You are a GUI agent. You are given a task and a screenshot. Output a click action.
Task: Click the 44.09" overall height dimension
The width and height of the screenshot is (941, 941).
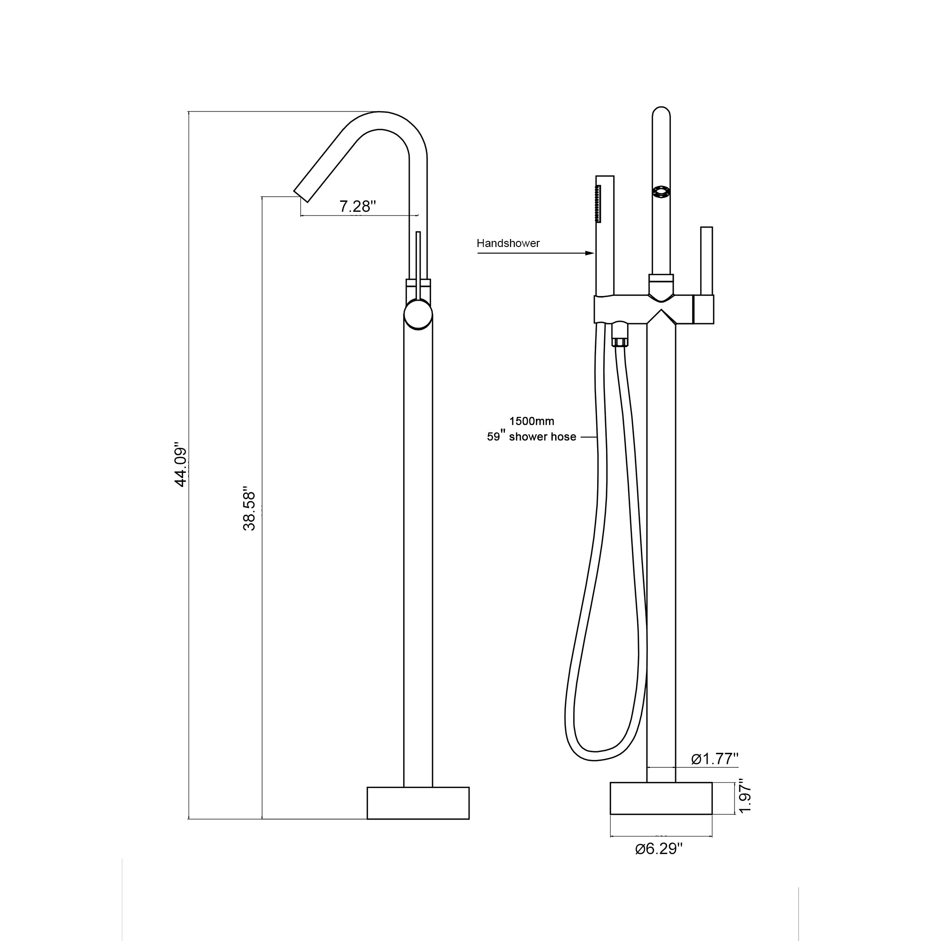(x=181, y=465)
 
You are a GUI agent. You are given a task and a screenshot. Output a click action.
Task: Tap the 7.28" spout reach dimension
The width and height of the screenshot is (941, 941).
(x=358, y=207)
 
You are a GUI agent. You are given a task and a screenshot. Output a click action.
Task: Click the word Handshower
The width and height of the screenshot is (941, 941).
(x=508, y=243)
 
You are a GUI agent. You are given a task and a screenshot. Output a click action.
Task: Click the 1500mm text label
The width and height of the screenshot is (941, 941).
(x=531, y=421)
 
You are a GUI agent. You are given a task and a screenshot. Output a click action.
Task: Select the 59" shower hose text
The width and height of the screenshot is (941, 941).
(x=531, y=437)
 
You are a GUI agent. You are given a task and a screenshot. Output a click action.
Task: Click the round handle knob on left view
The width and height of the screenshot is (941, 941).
(x=418, y=315)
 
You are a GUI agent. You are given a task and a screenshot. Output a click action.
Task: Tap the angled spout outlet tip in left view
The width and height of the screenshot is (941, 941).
(x=302, y=194)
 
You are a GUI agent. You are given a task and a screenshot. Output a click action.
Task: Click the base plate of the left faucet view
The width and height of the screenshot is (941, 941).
(x=418, y=803)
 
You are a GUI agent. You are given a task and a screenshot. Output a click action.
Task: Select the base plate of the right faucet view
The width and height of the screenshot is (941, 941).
(x=661, y=798)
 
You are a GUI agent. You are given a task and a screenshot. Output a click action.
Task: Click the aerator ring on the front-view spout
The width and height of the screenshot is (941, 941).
(x=661, y=192)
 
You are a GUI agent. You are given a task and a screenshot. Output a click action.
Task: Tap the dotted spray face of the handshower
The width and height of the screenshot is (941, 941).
(x=598, y=204)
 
